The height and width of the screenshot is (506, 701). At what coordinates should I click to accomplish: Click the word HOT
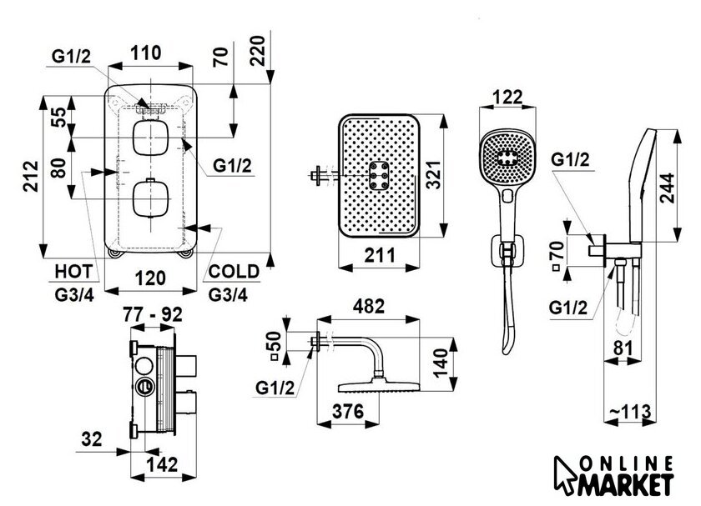tap(73, 271)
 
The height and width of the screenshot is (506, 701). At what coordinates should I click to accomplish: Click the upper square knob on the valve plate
tap(151, 138)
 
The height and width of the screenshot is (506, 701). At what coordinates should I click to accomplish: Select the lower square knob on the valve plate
tap(151, 198)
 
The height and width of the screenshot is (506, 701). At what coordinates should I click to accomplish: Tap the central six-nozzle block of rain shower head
tap(380, 177)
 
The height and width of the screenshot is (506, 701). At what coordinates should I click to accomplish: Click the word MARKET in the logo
tap(629, 482)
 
